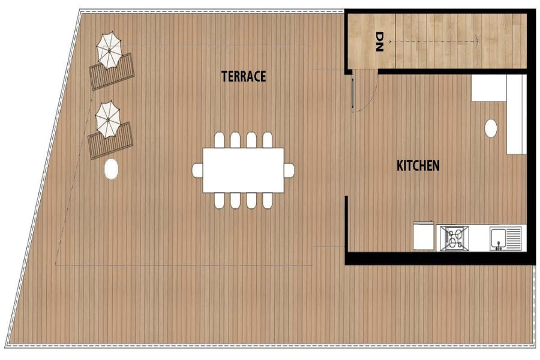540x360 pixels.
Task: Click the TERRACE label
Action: pos(244,76)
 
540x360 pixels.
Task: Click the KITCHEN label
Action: pos(418,166)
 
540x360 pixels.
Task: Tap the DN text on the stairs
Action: pos(379,41)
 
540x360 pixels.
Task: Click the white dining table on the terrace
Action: pos(244,170)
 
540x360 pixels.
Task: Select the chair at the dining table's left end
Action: pos(197,170)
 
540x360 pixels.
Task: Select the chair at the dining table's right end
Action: pos(289,170)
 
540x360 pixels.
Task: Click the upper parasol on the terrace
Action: pos(109,50)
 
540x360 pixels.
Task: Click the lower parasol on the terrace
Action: pos(108,119)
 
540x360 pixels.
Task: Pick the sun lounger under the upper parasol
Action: pos(112,71)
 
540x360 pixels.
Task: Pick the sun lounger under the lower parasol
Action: pos(110,140)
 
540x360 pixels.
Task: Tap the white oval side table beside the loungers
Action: pos(111,169)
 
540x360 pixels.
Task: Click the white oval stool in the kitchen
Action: pos(490,129)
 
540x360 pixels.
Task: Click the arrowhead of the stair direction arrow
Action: pos(477,41)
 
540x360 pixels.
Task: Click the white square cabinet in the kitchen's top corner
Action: pos(489,88)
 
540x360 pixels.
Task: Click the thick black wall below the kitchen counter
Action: pos(441,258)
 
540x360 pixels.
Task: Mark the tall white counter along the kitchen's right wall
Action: pos(516,115)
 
